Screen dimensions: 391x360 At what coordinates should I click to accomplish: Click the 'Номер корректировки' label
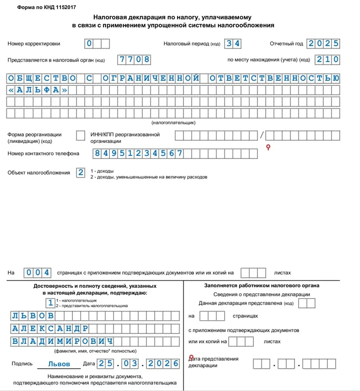tap(34, 44)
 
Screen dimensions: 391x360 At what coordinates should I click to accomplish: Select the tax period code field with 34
tap(233, 43)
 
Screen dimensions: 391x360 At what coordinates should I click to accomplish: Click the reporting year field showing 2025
tap(323, 43)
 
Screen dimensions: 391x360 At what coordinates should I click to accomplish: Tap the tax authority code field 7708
tap(134, 60)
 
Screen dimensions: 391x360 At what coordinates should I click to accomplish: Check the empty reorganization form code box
tap(80, 135)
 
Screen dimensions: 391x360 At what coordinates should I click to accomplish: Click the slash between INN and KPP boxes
tap(263, 135)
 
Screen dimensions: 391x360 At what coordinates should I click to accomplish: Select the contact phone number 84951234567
tap(138, 153)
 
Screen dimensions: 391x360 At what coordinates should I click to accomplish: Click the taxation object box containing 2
tap(80, 173)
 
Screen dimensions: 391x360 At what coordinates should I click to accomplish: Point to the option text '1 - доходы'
tap(102, 171)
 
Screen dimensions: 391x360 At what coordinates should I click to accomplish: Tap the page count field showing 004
tap(39, 272)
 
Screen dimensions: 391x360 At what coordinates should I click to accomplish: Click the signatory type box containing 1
tap(50, 303)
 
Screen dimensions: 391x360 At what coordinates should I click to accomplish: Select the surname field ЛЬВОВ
tap(32, 316)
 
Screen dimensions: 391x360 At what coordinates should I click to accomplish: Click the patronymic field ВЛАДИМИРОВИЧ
tap(61, 341)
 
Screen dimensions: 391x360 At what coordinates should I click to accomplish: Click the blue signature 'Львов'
tap(59, 364)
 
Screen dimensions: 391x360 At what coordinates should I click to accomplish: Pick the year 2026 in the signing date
tap(165, 364)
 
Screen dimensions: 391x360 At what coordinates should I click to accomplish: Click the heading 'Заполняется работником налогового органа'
tap(261, 285)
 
